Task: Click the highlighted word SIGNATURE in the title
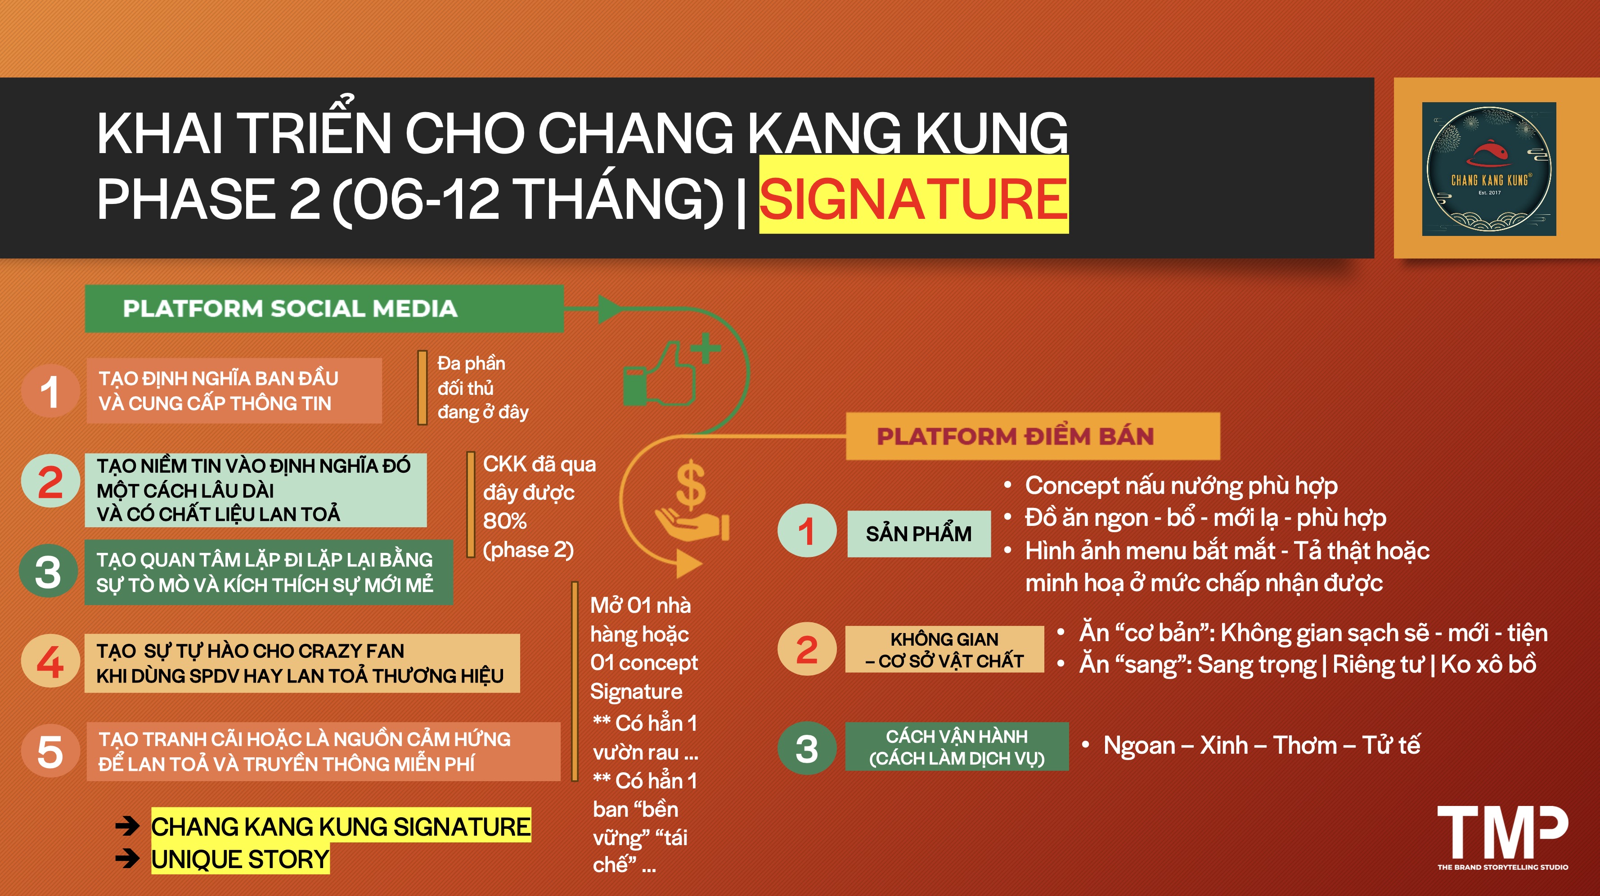914,198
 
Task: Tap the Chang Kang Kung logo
1489,169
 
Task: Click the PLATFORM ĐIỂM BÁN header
1033,436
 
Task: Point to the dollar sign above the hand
690,484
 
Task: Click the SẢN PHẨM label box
919,534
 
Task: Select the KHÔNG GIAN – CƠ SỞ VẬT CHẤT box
944,649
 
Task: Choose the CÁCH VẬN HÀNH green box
957,747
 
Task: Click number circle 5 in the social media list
50,752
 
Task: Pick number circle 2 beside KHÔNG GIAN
806,649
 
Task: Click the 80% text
505,520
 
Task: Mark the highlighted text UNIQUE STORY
240,860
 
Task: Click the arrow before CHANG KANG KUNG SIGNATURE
127,826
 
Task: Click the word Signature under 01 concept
636,692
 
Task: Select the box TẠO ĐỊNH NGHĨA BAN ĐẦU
234,391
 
